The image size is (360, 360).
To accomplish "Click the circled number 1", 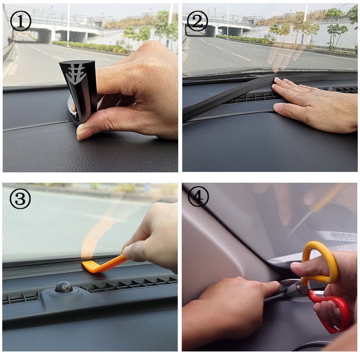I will click(20, 21).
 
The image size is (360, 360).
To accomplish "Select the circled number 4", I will click(198, 197).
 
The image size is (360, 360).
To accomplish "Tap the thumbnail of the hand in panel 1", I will click(83, 131).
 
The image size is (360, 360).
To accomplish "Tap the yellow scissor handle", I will click(319, 261).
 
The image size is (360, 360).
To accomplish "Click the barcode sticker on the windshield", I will click(337, 236).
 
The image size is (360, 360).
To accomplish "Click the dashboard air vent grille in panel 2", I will click(252, 97).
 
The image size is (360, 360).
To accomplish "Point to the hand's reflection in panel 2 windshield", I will click(283, 56).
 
